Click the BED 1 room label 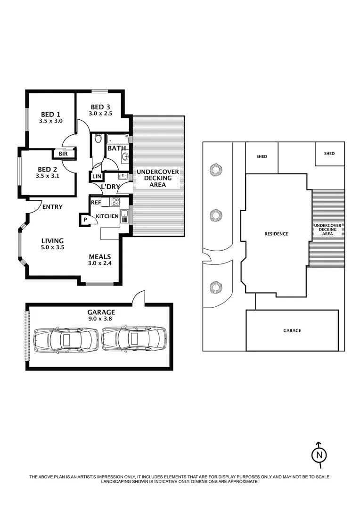[50, 114]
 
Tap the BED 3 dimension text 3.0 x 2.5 [101, 113]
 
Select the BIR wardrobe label [62, 154]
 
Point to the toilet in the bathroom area [98, 139]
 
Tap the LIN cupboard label [97, 176]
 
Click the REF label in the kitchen [96, 203]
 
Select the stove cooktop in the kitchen [115, 202]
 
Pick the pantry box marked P [85, 220]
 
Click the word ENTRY [52, 207]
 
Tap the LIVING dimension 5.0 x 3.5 [52, 247]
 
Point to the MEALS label [100, 257]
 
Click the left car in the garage [64, 337]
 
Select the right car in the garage [133, 337]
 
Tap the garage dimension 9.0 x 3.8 [101, 318]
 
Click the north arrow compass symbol [319, 454]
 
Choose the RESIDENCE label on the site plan [276, 234]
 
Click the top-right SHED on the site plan [329, 154]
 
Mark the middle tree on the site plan [216, 215]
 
